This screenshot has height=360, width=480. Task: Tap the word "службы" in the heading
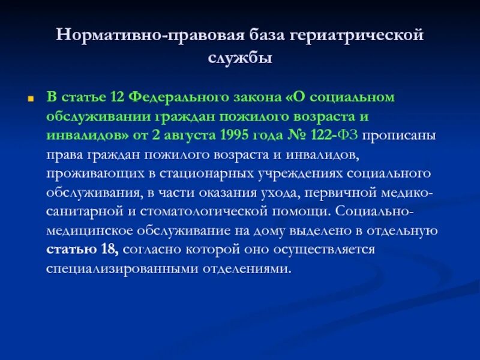tap(240, 57)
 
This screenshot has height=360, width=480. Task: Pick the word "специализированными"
tap(112, 269)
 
